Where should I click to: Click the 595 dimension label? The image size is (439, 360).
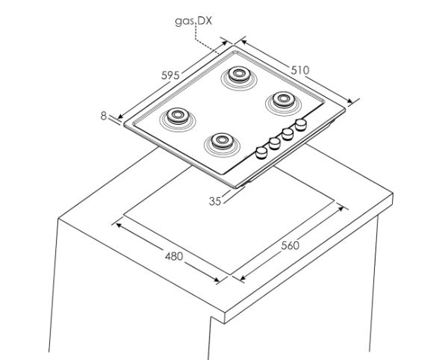(170, 75)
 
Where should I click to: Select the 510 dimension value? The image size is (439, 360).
(300, 70)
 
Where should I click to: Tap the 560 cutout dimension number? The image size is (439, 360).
(290, 246)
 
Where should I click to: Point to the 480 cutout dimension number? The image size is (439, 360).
(174, 256)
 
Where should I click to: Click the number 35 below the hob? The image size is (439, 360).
(215, 201)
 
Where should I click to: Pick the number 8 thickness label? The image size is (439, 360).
(104, 116)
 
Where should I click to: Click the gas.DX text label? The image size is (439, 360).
(193, 22)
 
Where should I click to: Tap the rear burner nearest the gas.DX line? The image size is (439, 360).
(239, 78)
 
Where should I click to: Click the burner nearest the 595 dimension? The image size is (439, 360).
(178, 119)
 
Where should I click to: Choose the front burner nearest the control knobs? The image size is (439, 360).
(222, 144)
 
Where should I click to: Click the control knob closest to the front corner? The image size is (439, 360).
(261, 152)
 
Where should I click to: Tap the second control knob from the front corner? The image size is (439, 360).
(275, 143)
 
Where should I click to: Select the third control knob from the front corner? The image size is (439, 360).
(287, 134)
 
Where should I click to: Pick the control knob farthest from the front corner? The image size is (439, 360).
(301, 125)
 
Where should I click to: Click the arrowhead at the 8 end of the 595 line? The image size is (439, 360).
(120, 116)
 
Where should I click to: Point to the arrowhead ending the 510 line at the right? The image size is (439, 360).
(350, 101)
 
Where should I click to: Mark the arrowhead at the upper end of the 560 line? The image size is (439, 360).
(340, 208)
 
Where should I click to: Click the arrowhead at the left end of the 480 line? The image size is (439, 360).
(119, 225)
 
